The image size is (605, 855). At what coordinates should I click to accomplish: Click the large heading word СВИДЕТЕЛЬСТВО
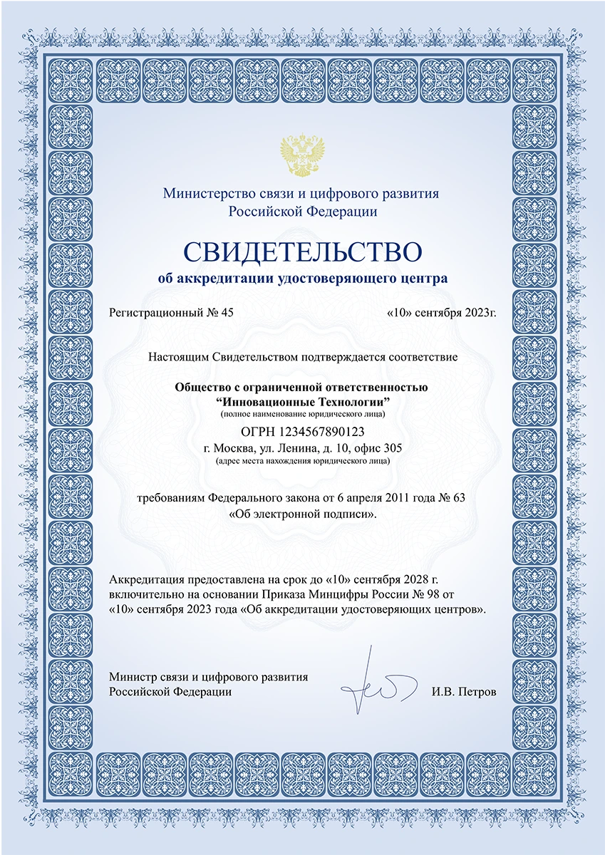tap(302, 252)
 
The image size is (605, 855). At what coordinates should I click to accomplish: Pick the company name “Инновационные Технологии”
tap(303, 402)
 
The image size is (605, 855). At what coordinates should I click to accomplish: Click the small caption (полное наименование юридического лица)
tap(303, 414)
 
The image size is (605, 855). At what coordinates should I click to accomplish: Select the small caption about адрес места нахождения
tap(303, 461)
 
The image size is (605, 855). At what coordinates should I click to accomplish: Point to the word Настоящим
tap(174, 354)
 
